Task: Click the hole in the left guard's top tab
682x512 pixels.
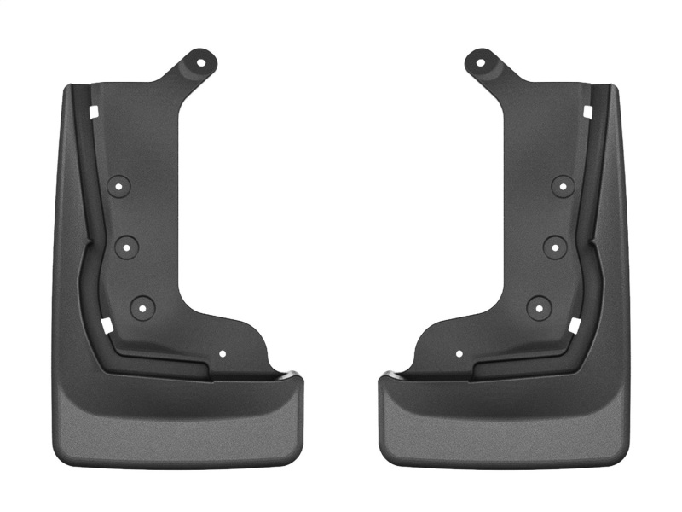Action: (x=203, y=61)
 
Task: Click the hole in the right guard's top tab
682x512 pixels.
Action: (x=479, y=61)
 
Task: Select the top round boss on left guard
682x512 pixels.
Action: (x=119, y=185)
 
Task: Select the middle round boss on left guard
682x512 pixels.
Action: (x=127, y=246)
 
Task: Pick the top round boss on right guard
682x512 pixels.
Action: (x=562, y=185)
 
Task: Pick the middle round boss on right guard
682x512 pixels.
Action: (x=554, y=246)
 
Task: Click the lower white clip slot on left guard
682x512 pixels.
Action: (x=107, y=325)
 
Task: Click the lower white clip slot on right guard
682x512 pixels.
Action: (x=575, y=325)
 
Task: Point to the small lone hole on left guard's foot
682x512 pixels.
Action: (x=223, y=353)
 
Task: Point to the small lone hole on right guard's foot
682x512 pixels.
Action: (x=459, y=353)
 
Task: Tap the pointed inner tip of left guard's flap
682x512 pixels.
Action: (x=298, y=376)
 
